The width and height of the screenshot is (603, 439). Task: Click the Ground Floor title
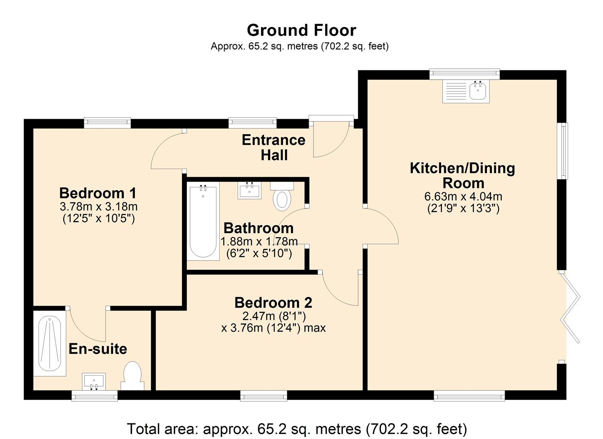[301, 30]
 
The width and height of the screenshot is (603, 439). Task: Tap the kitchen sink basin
[478, 91]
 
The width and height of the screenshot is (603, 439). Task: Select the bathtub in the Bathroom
[203, 221]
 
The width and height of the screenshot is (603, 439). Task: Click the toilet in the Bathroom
[282, 196]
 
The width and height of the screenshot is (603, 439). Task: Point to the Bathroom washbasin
[250, 190]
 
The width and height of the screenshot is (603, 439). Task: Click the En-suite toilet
[132, 376]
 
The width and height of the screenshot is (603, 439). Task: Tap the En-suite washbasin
[94, 382]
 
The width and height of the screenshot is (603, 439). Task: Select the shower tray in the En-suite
[50, 343]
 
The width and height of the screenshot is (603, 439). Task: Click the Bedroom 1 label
[98, 193]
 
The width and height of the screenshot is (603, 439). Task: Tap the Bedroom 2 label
[273, 303]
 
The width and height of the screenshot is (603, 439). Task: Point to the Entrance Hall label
[274, 148]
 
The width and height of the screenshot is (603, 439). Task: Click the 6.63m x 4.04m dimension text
[463, 196]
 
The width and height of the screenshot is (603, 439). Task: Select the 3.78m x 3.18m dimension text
[99, 207]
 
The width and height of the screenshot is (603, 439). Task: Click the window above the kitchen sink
[465, 74]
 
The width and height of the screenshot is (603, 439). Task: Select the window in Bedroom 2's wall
[264, 396]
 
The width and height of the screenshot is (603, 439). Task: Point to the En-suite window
[95, 396]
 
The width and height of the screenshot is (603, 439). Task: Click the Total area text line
[297, 428]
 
